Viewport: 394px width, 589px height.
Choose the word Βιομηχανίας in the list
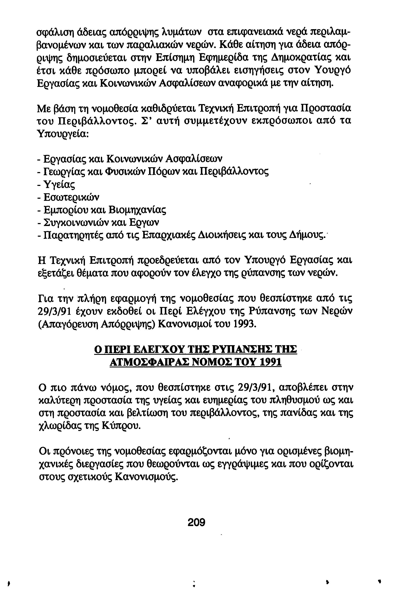tap(137, 209)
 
